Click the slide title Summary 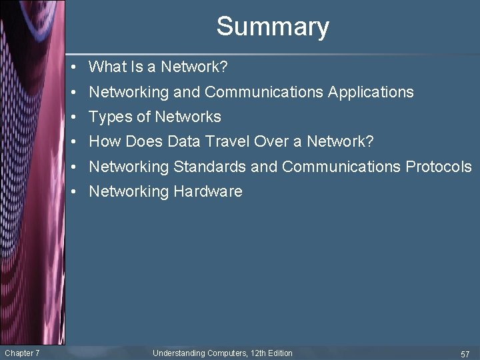(273, 27)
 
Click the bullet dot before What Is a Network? (77, 67)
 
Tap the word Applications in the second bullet (371, 92)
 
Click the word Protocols (439, 167)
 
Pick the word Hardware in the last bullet (208, 192)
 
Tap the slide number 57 (465, 353)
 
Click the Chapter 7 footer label (21, 353)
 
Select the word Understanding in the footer (179, 353)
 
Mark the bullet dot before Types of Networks (77, 117)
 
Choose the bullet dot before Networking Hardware (77, 192)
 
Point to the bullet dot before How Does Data (77, 142)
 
